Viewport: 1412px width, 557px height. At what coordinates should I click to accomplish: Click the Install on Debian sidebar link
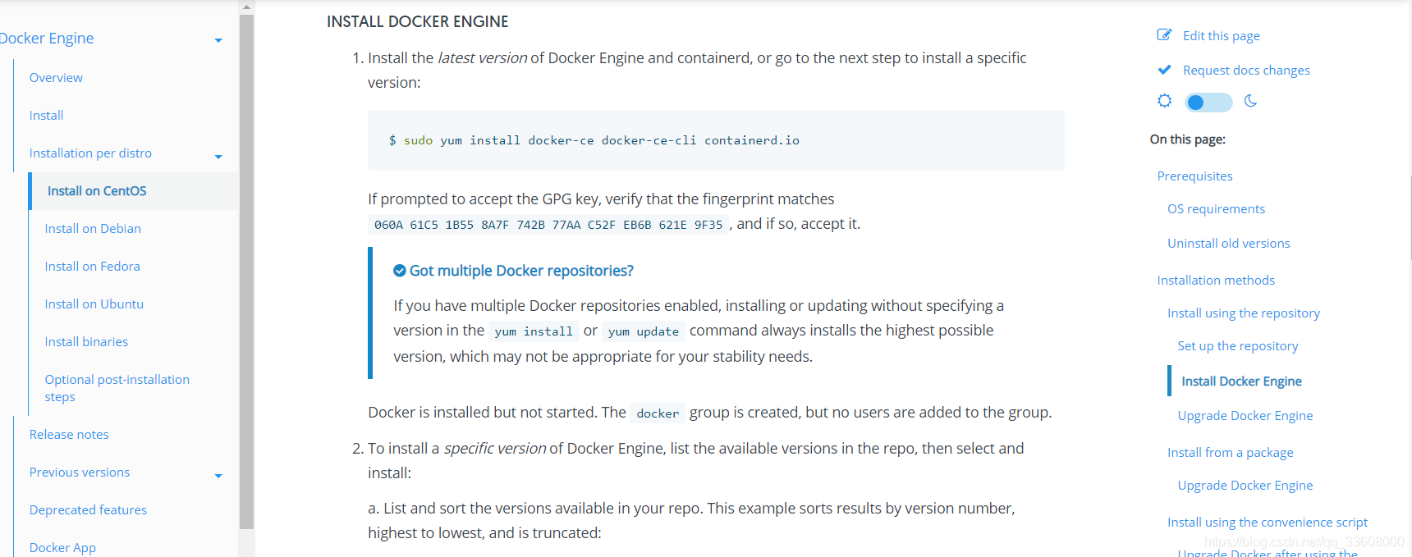point(93,229)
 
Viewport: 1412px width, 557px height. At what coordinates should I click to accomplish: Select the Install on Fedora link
point(92,267)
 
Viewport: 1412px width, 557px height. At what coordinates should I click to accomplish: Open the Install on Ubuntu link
point(94,304)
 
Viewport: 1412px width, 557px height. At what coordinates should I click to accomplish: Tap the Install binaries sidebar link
point(86,342)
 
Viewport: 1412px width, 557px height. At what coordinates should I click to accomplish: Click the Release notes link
point(69,435)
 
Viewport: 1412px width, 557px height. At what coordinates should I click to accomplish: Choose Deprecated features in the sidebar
point(88,510)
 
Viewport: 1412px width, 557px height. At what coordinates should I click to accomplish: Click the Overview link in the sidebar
point(56,78)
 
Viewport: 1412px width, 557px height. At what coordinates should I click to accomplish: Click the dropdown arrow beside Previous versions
point(218,476)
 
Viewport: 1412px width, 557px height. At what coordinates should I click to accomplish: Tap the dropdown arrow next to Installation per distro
point(218,157)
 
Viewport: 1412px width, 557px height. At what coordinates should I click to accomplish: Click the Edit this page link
point(1221,36)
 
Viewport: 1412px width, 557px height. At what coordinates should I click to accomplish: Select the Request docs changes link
point(1245,71)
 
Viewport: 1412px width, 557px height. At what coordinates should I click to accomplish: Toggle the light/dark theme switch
point(1208,103)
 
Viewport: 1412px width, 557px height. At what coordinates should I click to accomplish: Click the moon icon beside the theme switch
point(1250,101)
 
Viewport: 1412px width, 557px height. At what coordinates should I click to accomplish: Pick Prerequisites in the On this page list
point(1194,176)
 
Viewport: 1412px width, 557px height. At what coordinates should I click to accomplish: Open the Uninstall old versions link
point(1228,244)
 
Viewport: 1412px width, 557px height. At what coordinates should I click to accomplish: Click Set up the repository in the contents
point(1237,346)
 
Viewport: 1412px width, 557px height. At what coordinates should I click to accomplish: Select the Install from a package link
point(1230,453)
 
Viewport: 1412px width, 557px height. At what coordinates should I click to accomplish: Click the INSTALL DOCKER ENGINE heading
point(417,22)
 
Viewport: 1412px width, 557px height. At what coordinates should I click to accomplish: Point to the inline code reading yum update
point(644,331)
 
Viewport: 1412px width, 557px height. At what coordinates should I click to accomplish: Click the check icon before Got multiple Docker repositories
point(400,271)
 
